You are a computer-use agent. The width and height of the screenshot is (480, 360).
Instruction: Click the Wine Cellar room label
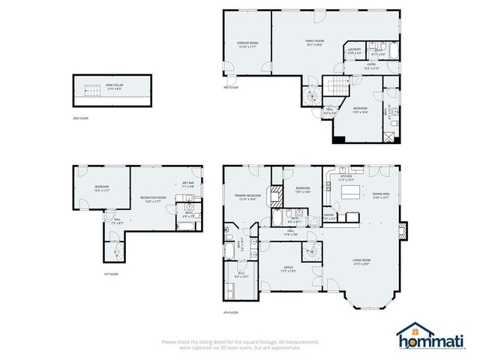(x=115, y=86)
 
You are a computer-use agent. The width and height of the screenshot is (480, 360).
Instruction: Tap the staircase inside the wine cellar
(x=91, y=91)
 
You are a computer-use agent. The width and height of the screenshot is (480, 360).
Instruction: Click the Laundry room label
(x=355, y=51)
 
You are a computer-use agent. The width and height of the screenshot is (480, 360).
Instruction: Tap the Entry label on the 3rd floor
(x=370, y=66)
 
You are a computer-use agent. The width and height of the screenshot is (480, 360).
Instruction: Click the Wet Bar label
(x=187, y=184)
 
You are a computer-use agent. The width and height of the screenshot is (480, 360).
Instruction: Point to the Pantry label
(x=329, y=217)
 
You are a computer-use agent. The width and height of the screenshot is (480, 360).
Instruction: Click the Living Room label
(x=361, y=262)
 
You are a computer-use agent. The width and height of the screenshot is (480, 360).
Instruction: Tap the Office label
(x=287, y=268)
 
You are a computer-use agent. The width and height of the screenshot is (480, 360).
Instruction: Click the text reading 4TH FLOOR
(x=230, y=311)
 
